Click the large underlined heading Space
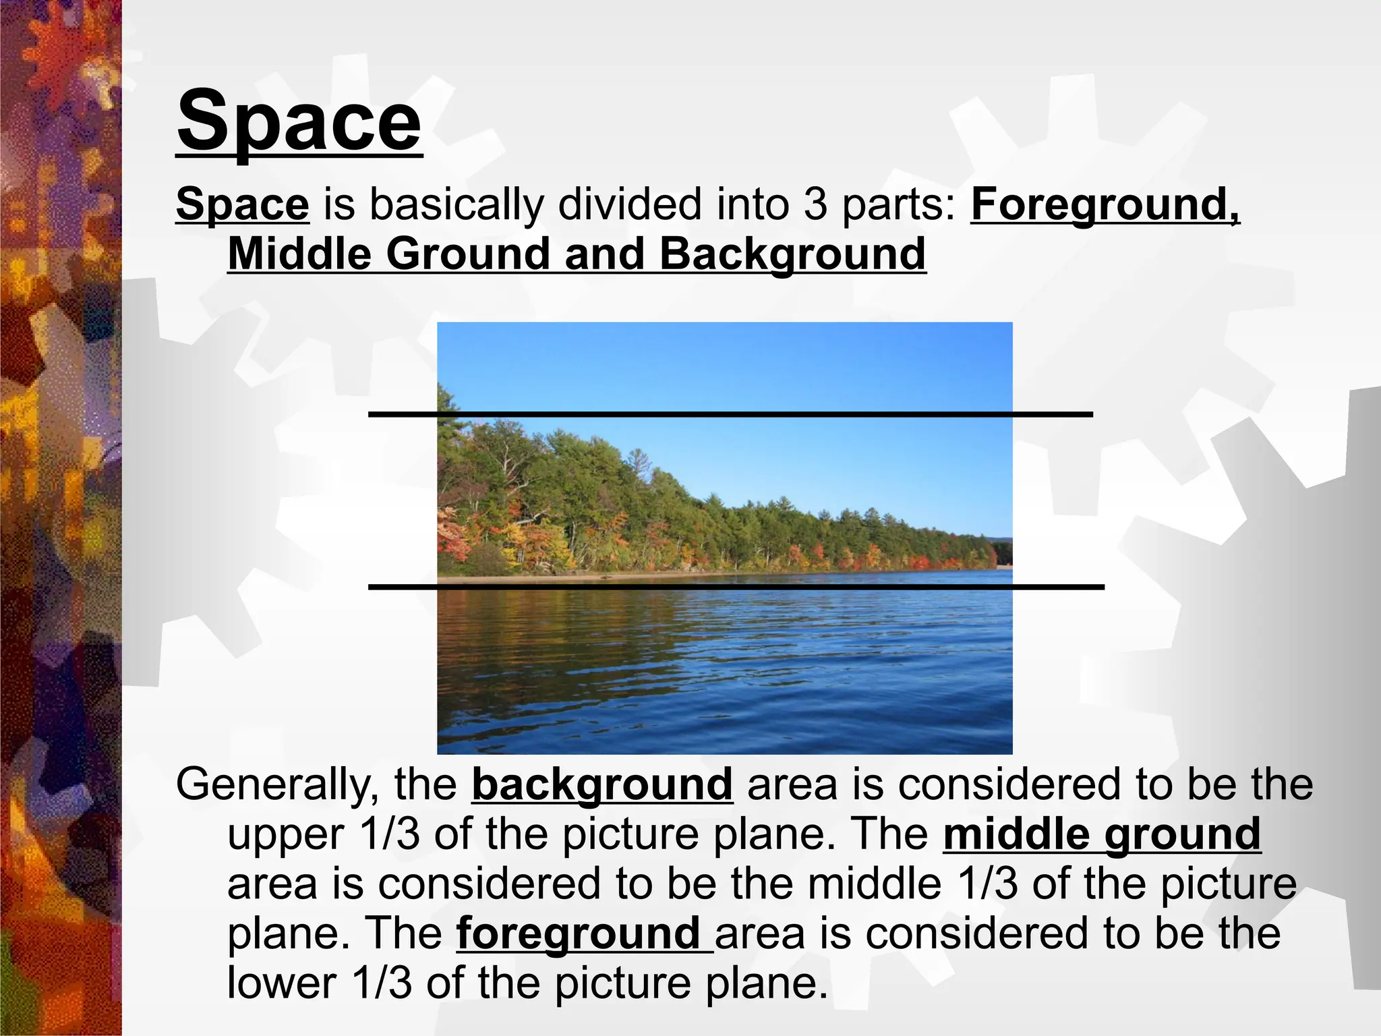[x=299, y=121]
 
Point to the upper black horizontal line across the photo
[x=730, y=413]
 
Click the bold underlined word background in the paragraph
[x=601, y=784]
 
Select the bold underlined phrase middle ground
[x=1101, y=834]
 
